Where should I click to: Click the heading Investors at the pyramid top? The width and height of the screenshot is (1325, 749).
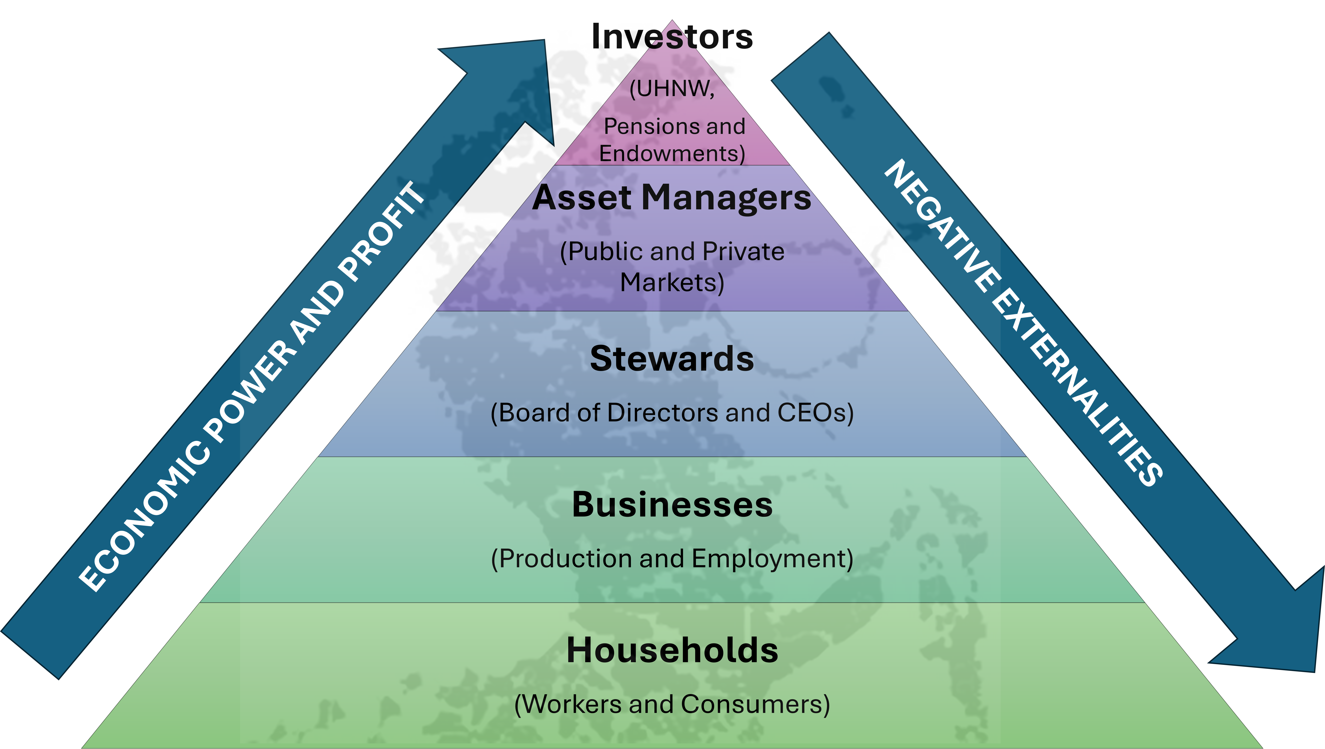pyautogui.click(x=672, y=37)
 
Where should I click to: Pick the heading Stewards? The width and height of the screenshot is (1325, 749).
pyautogui.click(x=672, y=358)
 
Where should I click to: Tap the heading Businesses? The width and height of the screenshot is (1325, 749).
pyautogui.click(x=672, y=505)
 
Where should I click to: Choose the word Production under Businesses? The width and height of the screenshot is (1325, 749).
pyautogui.click(x=566, y=559)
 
